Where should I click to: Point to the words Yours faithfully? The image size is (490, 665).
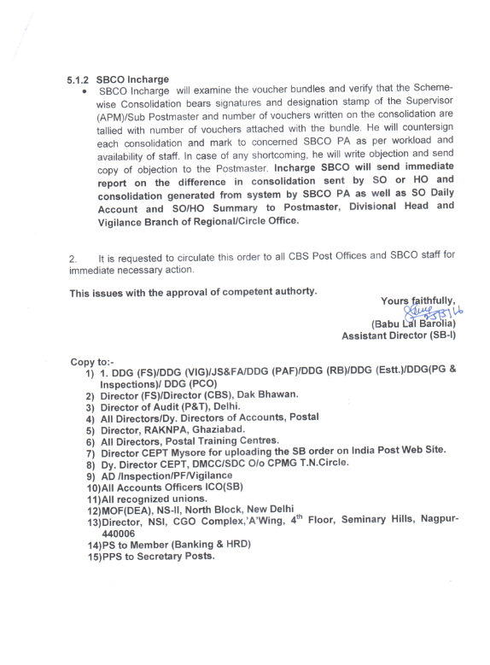click(418, 300)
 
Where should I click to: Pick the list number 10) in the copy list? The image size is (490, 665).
click(92, 484)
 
